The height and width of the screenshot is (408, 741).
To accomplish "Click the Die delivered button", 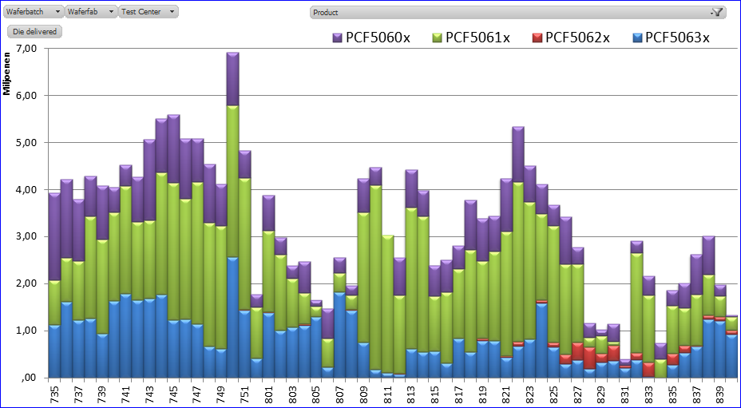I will pyautogui.click(x=35, y=31).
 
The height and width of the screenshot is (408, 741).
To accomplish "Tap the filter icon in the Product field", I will pyautogui.click(x=716, y=12).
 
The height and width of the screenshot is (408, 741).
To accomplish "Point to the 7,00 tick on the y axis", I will pyautogui.click(x=26, y=49).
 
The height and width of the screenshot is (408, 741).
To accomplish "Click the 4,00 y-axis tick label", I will pyautogui.click(x=26, y=190).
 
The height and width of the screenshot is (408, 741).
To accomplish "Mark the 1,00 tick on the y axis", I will pyautogui.click(x=26, y=331).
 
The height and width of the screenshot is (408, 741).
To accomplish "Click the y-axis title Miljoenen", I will pyautogui.click(x=6, y=73).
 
